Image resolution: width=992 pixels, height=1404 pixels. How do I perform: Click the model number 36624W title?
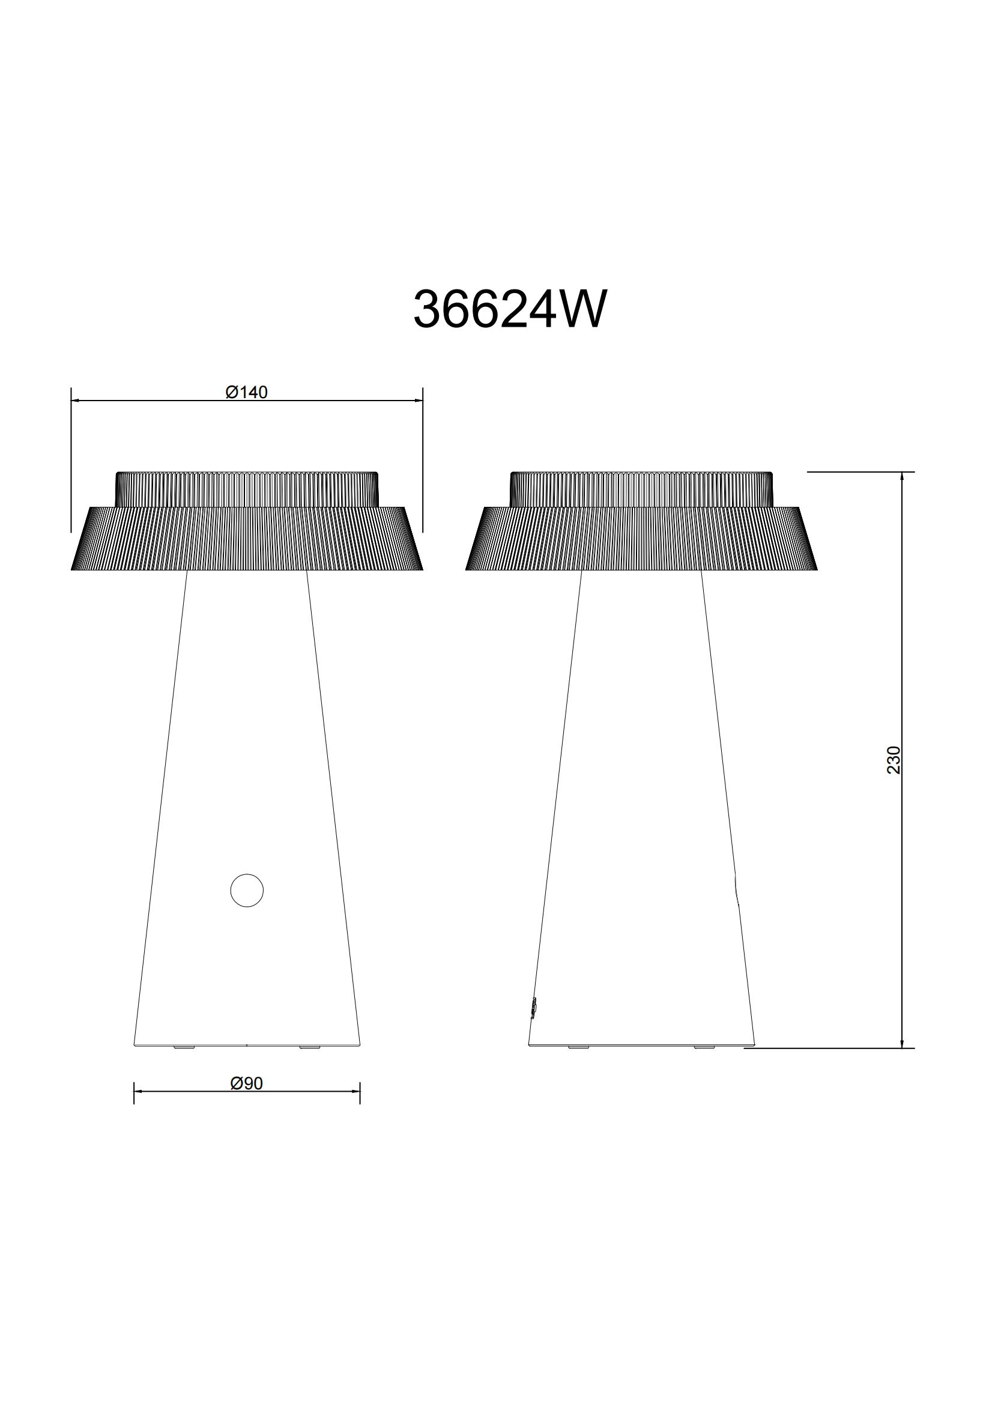click(510, 309)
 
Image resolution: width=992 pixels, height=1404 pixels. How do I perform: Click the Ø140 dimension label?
click(246, 392)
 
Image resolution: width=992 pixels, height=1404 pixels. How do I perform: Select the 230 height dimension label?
click(894, 760)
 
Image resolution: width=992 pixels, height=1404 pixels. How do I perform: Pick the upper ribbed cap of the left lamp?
click(246, 489)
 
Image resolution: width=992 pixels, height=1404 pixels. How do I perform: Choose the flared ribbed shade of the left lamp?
click(246, 539)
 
